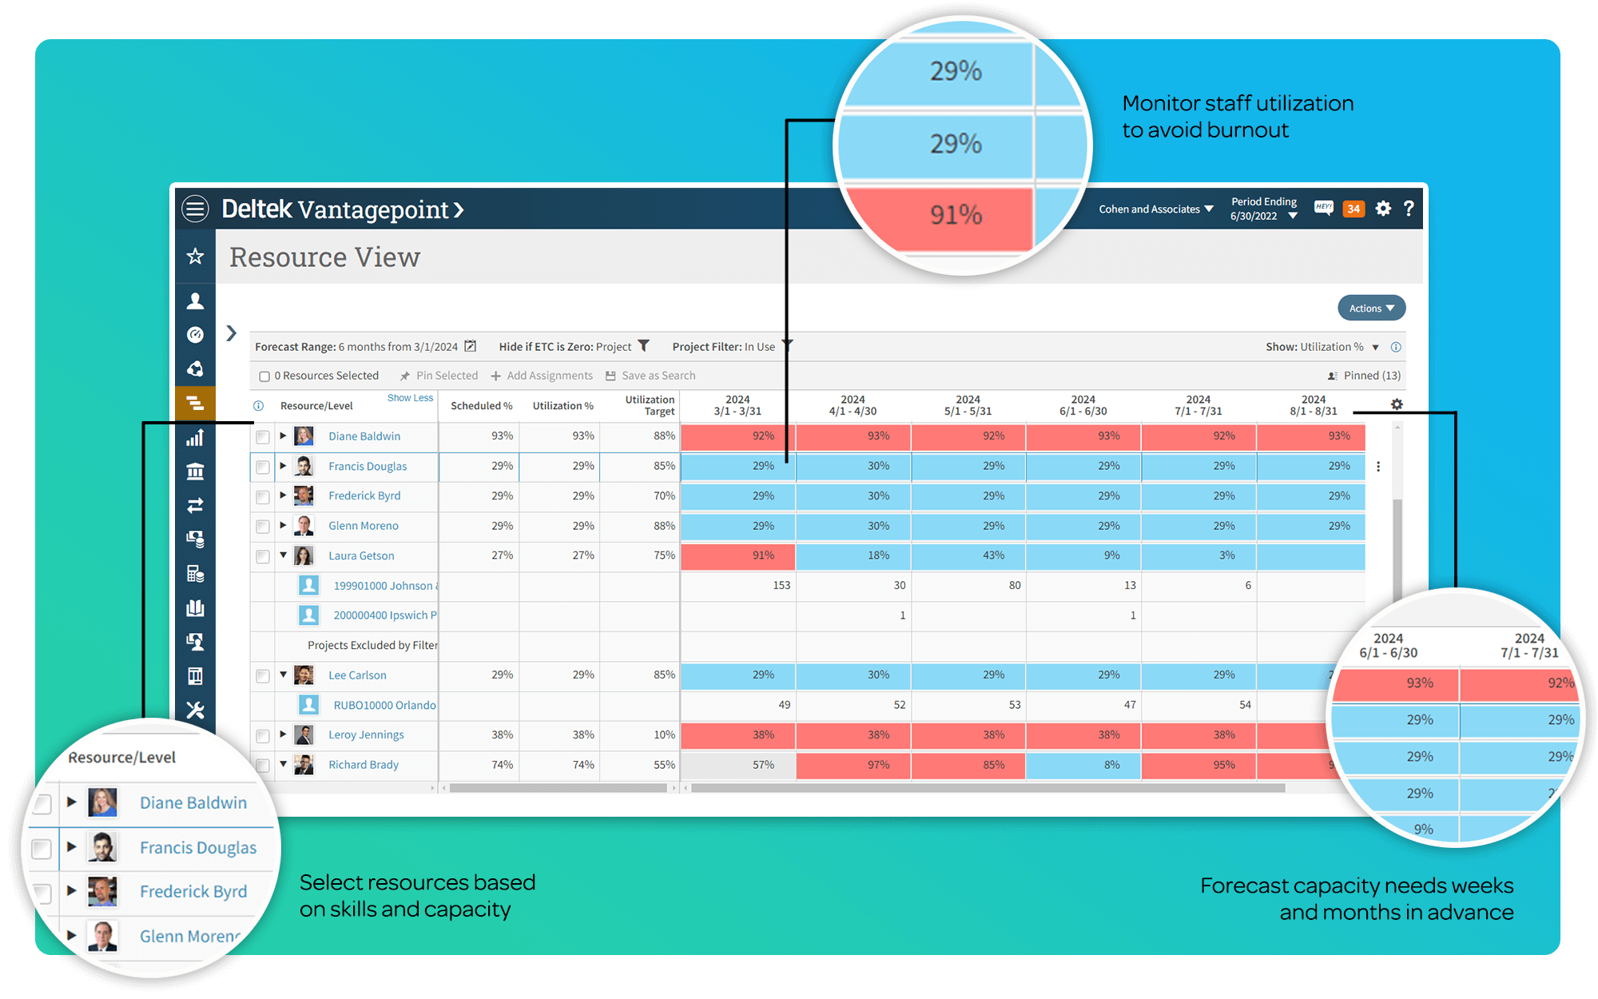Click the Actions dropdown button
tap(1371, 308)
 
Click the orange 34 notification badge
tap(1354, 209)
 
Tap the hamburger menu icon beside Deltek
tap(195, 209)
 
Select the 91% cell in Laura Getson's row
tap(738, 555)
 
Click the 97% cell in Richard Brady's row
tap(853, 765)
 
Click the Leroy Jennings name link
tap(366, 735)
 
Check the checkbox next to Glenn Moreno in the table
tap(263, 527)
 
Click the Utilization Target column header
tap(649, 405)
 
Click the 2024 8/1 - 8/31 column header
tap(1313, 405)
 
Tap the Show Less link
tap(410, 398)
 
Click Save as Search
tap(650, 376)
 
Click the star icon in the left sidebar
tap(195, 257)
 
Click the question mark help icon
tap(1409, 209)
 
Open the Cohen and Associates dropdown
tap(1155, 209)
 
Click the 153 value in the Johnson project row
tap(781, 586)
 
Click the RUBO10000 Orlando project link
tap(384, 706)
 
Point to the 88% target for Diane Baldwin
tap(663, 436)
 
